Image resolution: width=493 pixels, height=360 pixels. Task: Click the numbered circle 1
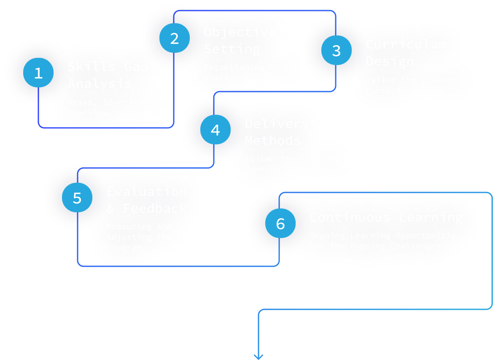pyautogui.click(x=38, y=73)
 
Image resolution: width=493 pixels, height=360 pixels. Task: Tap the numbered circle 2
pyautogui.click(x=175, y=38)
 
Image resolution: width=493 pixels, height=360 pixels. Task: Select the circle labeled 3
pyautogui.click(x=336, y=51)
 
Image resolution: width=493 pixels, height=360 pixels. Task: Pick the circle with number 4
pyautogui.click(x=215, y=130)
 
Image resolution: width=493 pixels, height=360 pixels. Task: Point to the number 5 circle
pyautogui.click(x=77, y=198)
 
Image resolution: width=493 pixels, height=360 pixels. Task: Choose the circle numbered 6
pyautogui.click(x=280, y=224)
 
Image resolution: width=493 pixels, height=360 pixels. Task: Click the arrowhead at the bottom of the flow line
pyautogui.click(x=258, y=356)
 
